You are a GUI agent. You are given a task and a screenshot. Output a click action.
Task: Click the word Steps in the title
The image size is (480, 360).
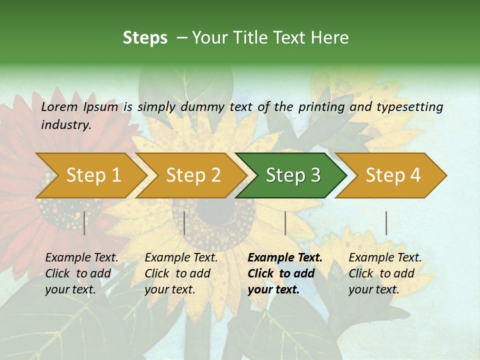145,38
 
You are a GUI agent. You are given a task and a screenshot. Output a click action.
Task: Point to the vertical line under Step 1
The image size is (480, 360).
84,223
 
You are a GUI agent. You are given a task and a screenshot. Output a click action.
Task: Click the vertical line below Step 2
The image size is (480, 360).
184,223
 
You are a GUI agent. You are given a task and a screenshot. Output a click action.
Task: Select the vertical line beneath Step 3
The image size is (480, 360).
285,223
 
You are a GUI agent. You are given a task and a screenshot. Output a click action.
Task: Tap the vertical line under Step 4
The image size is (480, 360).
386,223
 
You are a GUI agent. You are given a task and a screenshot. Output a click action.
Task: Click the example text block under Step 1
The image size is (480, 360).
81,273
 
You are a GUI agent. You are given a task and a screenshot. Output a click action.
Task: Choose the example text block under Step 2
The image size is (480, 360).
181,273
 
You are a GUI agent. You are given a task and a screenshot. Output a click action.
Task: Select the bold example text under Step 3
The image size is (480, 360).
284,273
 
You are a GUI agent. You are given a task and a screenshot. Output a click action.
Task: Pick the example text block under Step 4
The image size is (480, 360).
385,273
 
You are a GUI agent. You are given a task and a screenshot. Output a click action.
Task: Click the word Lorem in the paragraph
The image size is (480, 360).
59,107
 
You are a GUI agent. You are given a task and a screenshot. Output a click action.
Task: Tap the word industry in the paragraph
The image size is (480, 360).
65,124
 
